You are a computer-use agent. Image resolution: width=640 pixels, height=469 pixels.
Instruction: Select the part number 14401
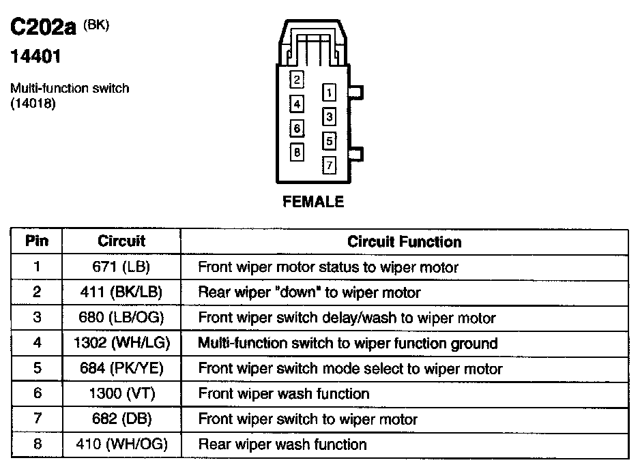click(35, 57)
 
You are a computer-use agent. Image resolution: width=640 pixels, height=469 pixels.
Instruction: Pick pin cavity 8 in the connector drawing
click(297, 152)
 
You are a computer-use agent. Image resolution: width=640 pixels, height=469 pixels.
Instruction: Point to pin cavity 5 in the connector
click(329, 141)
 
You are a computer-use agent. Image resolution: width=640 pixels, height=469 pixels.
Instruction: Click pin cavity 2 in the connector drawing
click(297, 80)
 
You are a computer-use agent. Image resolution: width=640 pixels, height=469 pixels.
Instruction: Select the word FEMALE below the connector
click(314, 202)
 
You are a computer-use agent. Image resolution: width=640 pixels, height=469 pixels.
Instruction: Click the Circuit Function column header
click(404, 242)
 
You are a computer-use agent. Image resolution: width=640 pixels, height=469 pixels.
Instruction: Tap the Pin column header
click(36, 241)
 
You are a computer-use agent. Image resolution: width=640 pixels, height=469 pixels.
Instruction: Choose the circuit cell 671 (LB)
click(121, 267)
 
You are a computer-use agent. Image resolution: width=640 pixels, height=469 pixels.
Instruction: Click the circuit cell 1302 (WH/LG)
click(121, 344)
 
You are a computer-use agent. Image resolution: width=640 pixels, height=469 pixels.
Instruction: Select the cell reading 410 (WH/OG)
click(121, 445)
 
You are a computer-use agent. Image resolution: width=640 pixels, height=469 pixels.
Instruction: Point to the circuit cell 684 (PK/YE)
click(121, 369)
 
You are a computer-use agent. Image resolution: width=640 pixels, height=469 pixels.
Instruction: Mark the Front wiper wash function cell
click(284, 394)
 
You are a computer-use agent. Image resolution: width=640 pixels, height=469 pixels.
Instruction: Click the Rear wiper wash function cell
click(282, 445)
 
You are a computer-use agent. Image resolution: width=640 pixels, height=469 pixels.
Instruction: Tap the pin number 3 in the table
click(36, 318)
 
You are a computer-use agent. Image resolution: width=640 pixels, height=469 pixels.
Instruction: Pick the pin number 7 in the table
click(36, 419)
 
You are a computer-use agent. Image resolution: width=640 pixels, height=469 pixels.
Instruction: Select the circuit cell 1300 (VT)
click(121, 394)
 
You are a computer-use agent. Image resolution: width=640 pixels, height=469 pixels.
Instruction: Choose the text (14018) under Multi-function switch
click(32, 104)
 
